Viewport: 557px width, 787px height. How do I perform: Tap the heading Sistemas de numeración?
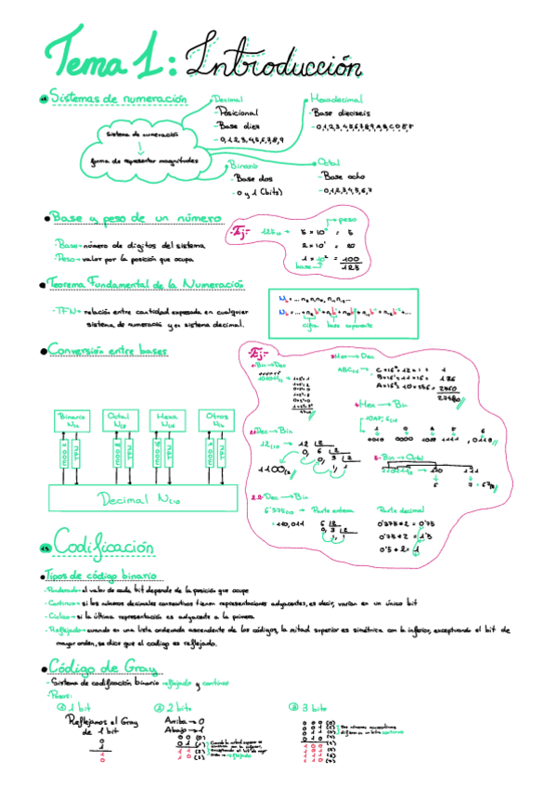coord(118,98)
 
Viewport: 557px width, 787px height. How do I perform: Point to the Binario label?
coord(243,164)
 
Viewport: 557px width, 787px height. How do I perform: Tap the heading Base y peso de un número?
coord(136,218)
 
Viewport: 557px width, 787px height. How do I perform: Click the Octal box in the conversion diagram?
coord(119,419)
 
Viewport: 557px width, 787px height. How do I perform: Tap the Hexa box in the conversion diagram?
coord(168,419)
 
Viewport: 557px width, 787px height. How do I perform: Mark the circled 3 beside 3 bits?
coord(292,706)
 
